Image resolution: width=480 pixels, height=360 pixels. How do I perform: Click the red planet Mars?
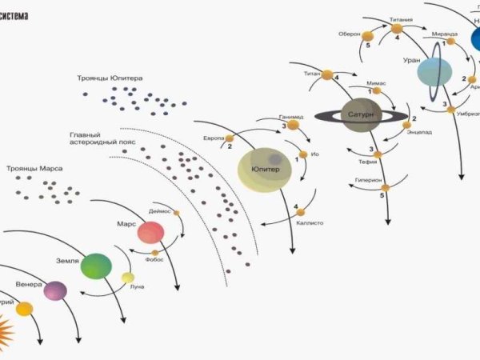[150, 233]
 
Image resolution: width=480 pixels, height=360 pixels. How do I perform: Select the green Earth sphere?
[96, 266]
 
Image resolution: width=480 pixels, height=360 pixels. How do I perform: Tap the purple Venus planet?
[55, 291]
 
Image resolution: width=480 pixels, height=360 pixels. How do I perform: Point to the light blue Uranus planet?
[435, 72]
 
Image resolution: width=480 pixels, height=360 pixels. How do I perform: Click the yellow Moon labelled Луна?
[128, 278]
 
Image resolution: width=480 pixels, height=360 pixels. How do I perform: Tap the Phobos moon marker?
[155, 253]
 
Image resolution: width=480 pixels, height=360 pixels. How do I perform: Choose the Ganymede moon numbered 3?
[293, 125]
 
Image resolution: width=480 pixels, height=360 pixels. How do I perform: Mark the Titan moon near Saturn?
[328, 75]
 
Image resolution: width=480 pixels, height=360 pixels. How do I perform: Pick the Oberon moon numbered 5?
[367, 36]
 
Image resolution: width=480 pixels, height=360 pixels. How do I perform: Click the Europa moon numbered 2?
[234, 138]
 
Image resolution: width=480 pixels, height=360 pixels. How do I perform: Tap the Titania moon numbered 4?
[397, 29]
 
